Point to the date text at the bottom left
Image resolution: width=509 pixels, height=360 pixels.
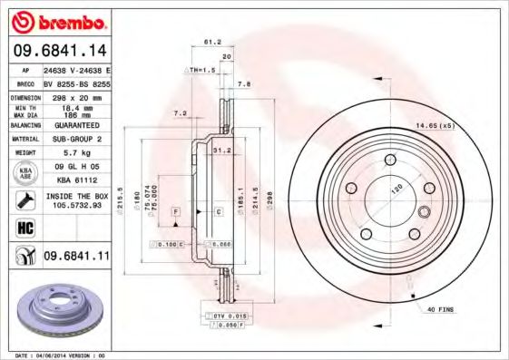[x=55, y=355]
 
